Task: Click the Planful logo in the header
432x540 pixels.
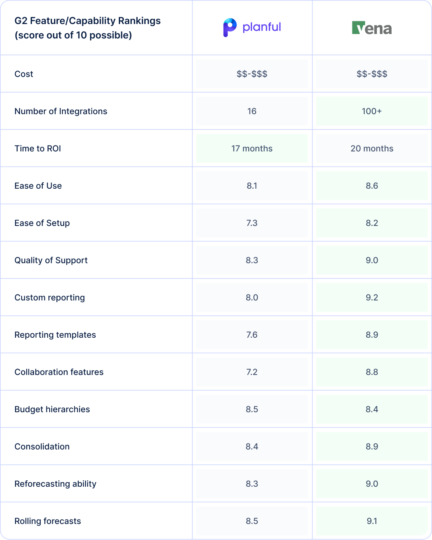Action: tap(252, 27)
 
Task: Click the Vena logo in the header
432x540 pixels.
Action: tap(372, 28)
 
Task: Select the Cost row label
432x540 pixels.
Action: tap(24, 74)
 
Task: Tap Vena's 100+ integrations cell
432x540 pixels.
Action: tap(372, 111)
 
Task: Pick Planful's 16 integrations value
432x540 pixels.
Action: tap(252, 111)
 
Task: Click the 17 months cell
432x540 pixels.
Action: tap(252, 149)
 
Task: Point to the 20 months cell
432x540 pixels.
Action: tap(372, 149)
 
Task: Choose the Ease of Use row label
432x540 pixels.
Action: tap(38, 186)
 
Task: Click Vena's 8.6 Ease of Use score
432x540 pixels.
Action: tap(372, 186)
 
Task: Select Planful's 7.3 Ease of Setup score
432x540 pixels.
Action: tap(252, 223)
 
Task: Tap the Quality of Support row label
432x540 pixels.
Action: tap(51, 260)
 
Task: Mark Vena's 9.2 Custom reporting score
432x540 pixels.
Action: tap(372, 298)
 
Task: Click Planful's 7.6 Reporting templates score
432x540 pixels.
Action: tap(252, 335)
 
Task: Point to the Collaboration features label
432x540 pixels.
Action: tap(59, 372)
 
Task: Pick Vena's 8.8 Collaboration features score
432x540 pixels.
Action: tap(372, 372)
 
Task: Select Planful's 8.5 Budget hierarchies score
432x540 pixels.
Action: tap(252, 409)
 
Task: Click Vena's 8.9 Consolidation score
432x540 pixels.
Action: tap(372, 447)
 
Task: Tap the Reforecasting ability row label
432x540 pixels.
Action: tap(56, 484)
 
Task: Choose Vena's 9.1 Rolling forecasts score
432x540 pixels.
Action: tap(372, 521)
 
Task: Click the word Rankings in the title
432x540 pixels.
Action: tap(141, 21)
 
